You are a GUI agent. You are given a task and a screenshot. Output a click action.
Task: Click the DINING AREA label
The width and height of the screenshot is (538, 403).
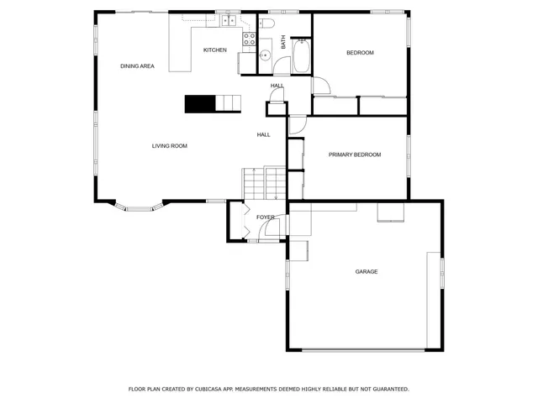(136, 65)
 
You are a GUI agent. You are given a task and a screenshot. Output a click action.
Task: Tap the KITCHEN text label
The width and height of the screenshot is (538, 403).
(215, 50)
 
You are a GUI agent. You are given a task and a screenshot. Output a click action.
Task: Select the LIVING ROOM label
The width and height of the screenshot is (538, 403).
(169, 146)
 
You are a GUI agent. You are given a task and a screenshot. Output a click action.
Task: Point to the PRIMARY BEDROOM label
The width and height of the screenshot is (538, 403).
(355, 154)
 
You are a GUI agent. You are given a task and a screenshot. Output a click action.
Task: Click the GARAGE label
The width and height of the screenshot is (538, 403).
(366, 271)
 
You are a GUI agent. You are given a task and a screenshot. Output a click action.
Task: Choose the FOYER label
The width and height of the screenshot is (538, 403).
(266, 217)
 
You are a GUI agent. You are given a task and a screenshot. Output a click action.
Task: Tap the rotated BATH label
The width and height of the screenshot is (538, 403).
(283, 41)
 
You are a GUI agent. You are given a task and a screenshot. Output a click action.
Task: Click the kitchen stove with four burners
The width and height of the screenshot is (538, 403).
(250, 38)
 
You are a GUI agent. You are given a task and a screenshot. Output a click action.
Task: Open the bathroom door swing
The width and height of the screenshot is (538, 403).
(320, 86)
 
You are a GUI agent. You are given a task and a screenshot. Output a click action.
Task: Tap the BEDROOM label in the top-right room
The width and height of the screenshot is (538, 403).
(360, 53)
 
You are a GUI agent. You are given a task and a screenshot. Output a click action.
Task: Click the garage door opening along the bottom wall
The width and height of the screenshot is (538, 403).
(363, 349)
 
